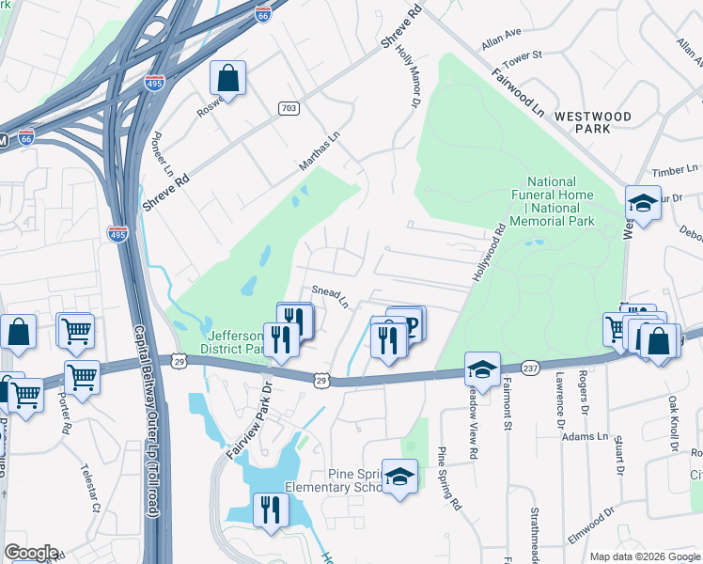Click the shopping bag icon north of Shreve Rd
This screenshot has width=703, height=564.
point(227,79)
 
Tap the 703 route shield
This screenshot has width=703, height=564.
point(289,109)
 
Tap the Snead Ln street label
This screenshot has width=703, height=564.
point(330,296)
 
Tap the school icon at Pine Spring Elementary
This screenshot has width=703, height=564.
point(399,478)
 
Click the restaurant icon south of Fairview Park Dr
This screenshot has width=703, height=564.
point(270,511)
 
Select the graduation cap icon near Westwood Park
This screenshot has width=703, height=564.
point(643,203)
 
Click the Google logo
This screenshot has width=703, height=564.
point(31,553)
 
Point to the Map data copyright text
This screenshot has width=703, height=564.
point(644,556)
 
